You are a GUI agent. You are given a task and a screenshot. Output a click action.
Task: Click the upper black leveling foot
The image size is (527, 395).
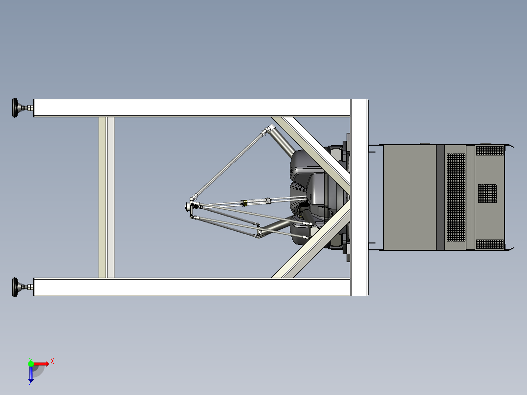pos(18,108)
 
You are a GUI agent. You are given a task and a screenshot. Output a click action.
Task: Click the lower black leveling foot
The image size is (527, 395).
pos(18,287)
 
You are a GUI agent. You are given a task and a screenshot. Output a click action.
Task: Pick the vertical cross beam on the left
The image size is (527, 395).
pos(107,197)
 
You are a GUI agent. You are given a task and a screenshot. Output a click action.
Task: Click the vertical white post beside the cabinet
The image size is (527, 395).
pos(359,197)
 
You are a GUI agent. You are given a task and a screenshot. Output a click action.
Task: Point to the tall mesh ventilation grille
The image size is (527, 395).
pos(456,197)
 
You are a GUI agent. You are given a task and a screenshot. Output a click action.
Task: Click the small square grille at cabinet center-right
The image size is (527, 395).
pos(487,193)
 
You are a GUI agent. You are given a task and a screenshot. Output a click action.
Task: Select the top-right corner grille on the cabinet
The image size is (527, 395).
pos(490,150)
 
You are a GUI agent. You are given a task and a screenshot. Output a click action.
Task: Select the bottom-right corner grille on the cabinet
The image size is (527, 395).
pos(490,244)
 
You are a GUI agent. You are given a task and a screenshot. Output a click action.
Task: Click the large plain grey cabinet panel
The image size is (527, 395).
pos(409,197)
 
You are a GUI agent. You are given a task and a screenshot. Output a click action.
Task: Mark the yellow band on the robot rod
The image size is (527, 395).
pos(244,202)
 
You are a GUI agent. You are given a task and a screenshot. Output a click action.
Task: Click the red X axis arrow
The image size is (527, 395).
pos(42,363)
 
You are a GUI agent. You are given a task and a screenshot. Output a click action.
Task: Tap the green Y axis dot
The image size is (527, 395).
pos(31,363)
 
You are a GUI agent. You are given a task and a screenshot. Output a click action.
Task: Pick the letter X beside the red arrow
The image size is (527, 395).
pos(52,361)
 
